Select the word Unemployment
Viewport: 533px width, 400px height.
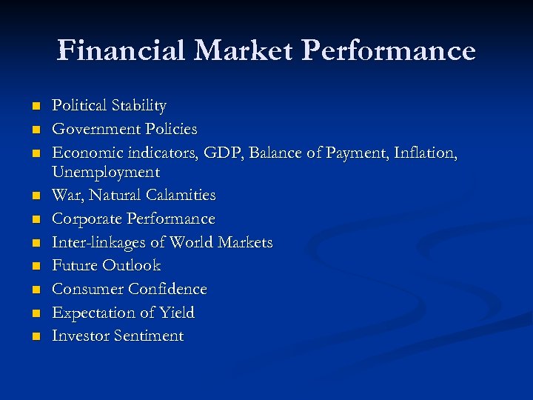[105, 172]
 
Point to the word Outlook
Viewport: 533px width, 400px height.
[132, 265]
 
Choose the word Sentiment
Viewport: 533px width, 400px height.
[148, 336]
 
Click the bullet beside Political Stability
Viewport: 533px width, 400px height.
[34, 107]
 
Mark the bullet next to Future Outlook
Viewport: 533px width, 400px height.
[34, 266]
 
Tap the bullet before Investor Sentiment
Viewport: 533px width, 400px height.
[34, 336]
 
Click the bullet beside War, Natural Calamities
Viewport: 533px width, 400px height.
[34, 196]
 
